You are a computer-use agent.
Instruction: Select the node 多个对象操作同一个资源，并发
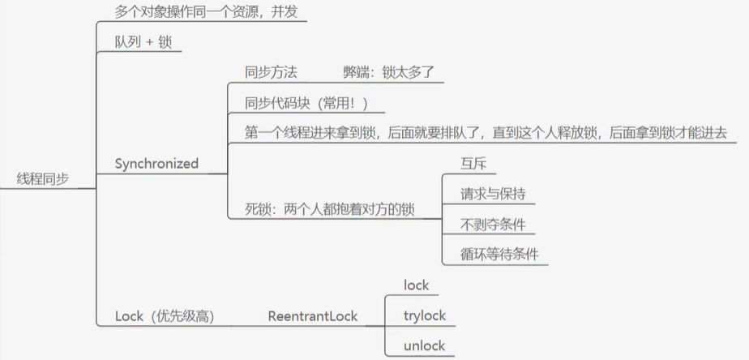coord(207,13)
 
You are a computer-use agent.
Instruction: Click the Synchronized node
coord(156,164)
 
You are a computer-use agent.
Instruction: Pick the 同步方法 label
coord(271,72)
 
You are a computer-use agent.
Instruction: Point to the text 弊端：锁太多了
coord(390,72)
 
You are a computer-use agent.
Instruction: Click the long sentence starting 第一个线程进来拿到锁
coord(486,132)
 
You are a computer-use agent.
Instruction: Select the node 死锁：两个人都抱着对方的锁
coord(330,209)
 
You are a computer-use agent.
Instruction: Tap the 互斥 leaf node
coord(461,163)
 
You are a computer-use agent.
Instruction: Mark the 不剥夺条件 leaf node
coord(487,224)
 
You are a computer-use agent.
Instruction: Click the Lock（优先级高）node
coord(165,316)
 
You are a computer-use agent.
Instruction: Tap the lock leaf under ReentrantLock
coord(416,285)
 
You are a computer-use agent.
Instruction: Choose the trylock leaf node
coord(425,315)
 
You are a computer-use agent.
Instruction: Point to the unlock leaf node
coord(424,346)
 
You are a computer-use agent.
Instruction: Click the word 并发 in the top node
coord(293,13)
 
